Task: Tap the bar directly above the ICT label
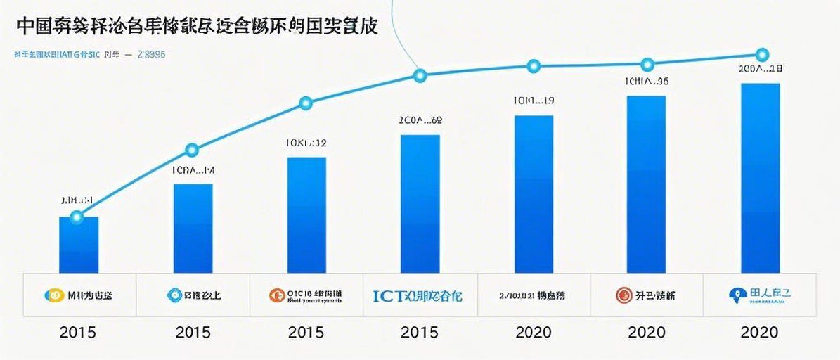coord(420,204)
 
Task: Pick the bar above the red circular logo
coord(645,184)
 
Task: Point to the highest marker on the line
coord(761,54)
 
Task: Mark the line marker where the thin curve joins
coord(420,75)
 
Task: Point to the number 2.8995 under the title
coord(151,53)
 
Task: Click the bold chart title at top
coord(196,26)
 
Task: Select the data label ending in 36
coord(646,82)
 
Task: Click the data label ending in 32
coord(305,143)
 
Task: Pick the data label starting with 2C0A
coord(420,121)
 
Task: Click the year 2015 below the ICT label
coord(419,333)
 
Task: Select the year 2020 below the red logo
coord(646,333)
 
